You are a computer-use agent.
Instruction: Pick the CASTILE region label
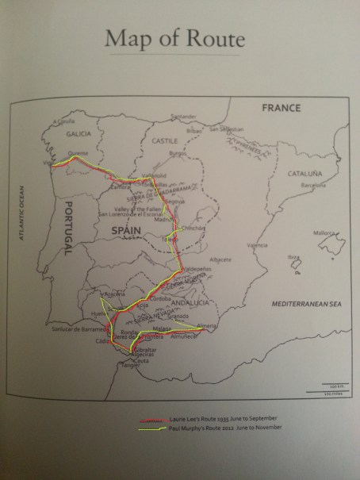click(x=164, y=141)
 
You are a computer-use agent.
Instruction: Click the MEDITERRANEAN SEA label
click(x=304, y=304)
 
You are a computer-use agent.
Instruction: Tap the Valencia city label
click(x=257, y=245)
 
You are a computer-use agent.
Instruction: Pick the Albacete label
click(x=220, y=259)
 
